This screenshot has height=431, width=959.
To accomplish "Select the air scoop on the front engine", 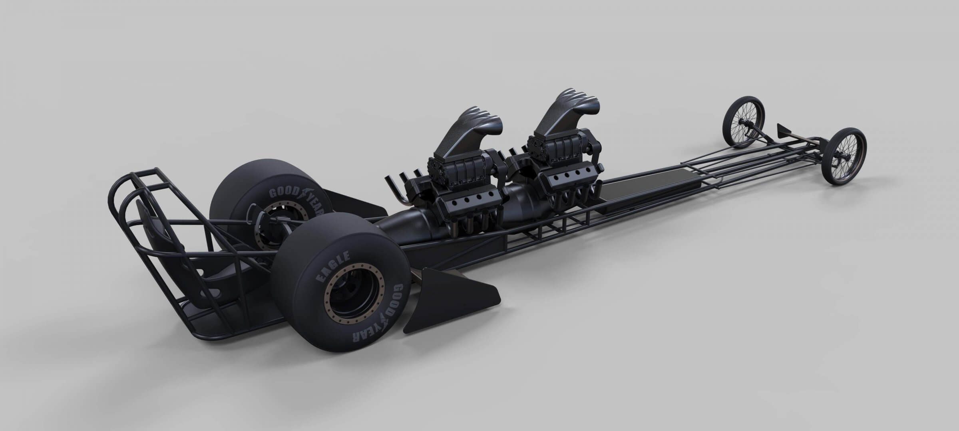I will pyautogui.click(x=563, y=108).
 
